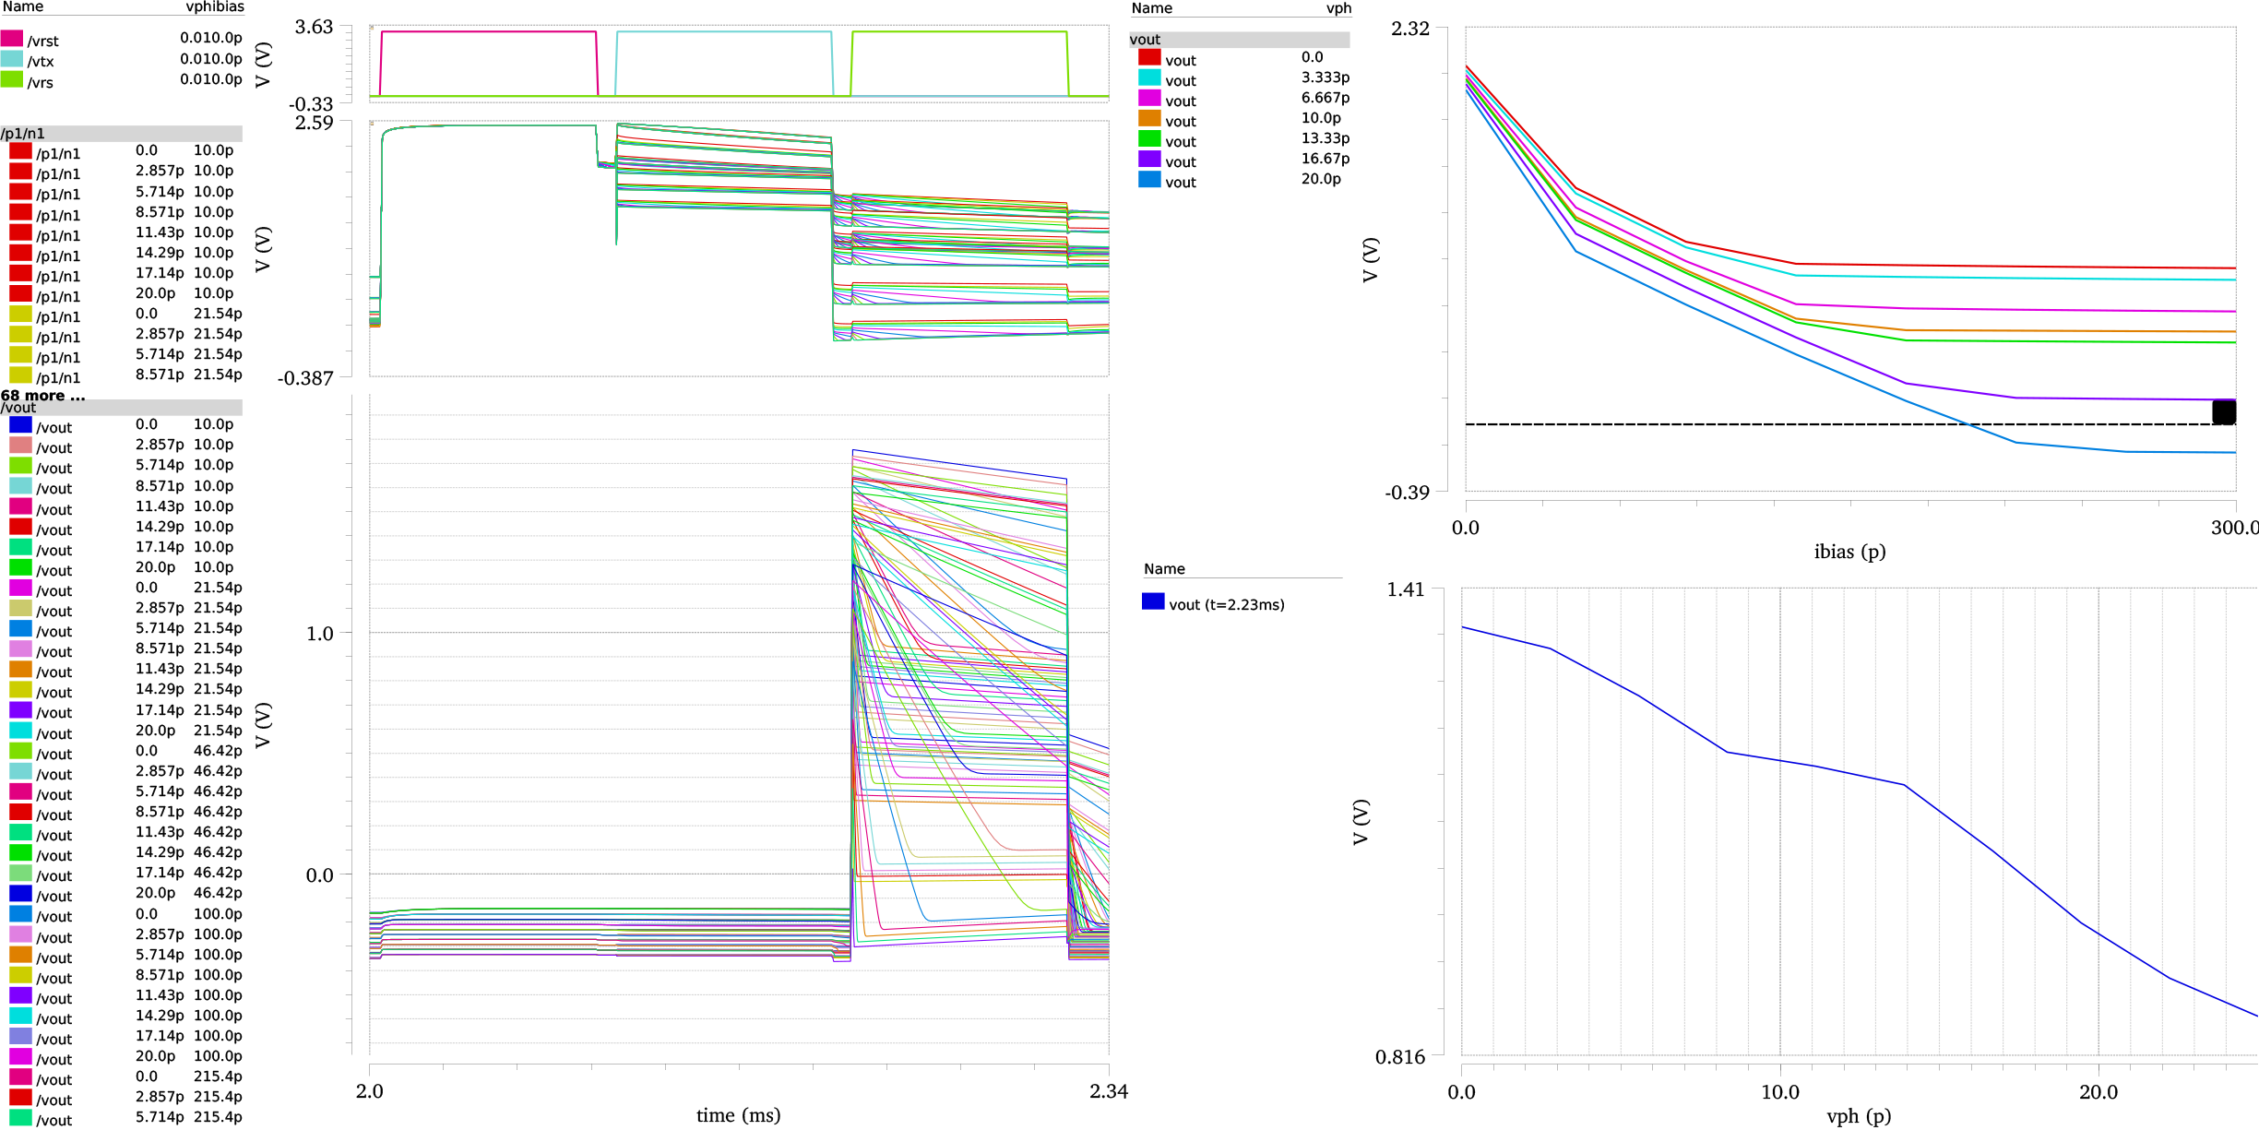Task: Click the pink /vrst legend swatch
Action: (x=11, y=38)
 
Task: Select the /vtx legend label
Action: (x=41, y=62)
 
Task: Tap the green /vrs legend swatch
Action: (x=11, y=79)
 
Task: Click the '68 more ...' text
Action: (x=42, y=396)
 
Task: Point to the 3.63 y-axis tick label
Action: (x=314, y=27)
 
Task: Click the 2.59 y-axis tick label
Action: (x=314, y=123)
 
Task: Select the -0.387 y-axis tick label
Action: (x=305, y=378)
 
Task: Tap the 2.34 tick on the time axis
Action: (x=1109, y=1091)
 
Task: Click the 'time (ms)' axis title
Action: (x=738, y=1115)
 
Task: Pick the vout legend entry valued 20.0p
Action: (x=1181, y=182)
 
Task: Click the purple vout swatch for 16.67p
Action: (x=1149, y=160)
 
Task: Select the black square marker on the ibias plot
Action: (x=2224, y=412)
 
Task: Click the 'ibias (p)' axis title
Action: (x=1849, y=552)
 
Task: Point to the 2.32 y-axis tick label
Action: (x=1410, y=29)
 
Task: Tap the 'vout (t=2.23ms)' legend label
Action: (x=1227, y=605)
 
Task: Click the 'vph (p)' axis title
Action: (x=1858, y=1116)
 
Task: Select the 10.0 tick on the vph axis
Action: (x=1779, y=1092)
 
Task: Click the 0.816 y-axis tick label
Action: (x=1400, y=1057)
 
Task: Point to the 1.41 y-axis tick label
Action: (x=1406, y=589)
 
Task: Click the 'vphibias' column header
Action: (x=215, y=7)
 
